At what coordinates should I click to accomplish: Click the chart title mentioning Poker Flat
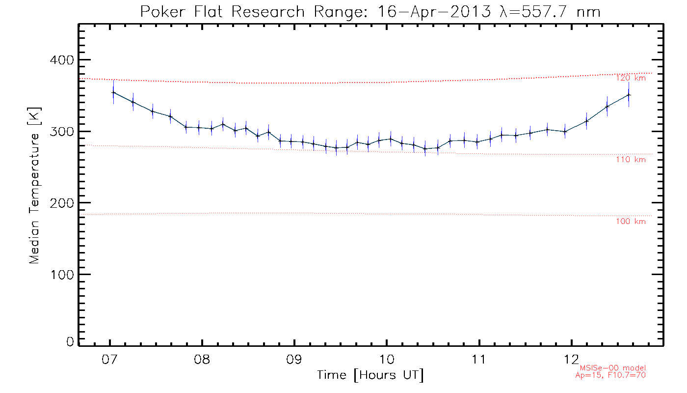(x=370, y=11)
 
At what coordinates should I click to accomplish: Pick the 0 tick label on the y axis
(x=69, y=342)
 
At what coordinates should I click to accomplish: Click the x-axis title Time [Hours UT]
(x=370, y=375)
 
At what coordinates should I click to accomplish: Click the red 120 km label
(x=631, y=78)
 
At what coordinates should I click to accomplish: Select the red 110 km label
(x=631, y=160)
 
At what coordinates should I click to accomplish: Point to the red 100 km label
(x=631, y=222)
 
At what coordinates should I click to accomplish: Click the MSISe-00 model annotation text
(x=613, y=368)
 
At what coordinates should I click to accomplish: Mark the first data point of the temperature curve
(x=113, y=92)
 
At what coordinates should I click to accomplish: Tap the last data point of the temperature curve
(x=629, y=95)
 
